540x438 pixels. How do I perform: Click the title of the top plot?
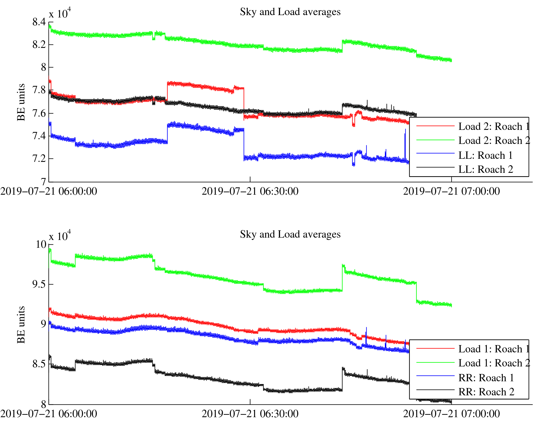(290, 12)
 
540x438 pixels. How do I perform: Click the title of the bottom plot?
(290, 234)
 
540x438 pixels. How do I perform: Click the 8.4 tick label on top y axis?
(39, 22)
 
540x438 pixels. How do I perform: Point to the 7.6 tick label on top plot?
(39, 113)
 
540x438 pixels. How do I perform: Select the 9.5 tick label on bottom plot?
(39, 284)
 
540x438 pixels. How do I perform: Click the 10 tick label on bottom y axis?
(41, 244)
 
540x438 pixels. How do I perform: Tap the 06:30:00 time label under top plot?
(250, 192)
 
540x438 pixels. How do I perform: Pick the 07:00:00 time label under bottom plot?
(451, 414)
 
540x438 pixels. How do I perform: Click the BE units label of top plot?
(21, 102)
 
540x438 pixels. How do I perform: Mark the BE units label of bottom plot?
(21, 325)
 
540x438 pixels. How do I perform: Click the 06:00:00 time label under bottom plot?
(49, 414)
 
